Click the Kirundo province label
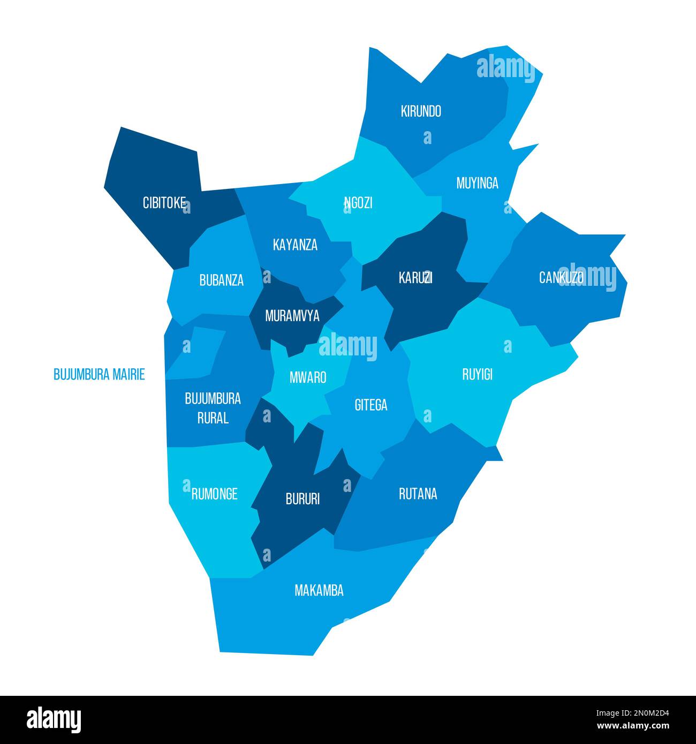click(x=421, y=111)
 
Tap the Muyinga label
click(x=477, y=184)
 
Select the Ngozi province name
click(x=358, y=203)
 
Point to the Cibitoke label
click(x=164, y=203)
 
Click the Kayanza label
click(x=295, y=245)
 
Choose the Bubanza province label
click(x=221, y=280)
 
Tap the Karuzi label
click(x=415, y=278)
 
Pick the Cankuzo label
click(x=561, y=278)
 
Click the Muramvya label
click(x=292, y=316)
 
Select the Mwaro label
click(x=308, y=377)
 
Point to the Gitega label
click(x=370, y=405)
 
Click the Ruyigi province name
click(x=477, y=375)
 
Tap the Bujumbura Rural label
click(x=213, y=408)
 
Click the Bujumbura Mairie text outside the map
click(x=99, y=375)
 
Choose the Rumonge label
click(x=214, y=494)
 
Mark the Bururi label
click(x=302, y=499)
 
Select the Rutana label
click(x=418, y=494)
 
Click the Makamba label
click(x=319, y=590)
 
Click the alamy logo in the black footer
click(x=54, y=720)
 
